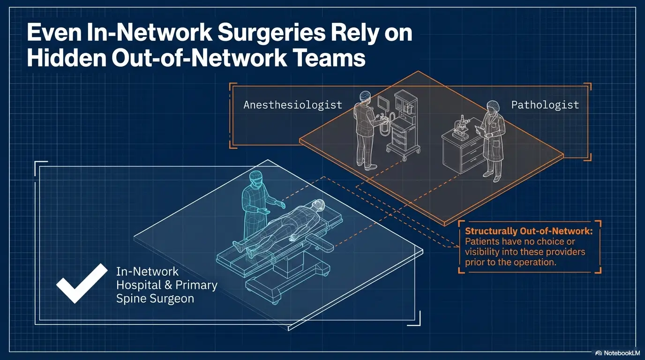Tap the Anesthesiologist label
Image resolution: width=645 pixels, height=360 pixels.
pos(292,105)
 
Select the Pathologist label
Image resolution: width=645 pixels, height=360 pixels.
pos(545,105)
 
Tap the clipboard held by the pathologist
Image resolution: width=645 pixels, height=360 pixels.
pos(479,130)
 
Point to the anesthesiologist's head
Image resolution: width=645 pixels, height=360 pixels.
pos(365,96)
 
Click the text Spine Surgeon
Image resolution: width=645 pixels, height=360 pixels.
pos(155,299)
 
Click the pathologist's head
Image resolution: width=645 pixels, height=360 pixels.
pos(492,106)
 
